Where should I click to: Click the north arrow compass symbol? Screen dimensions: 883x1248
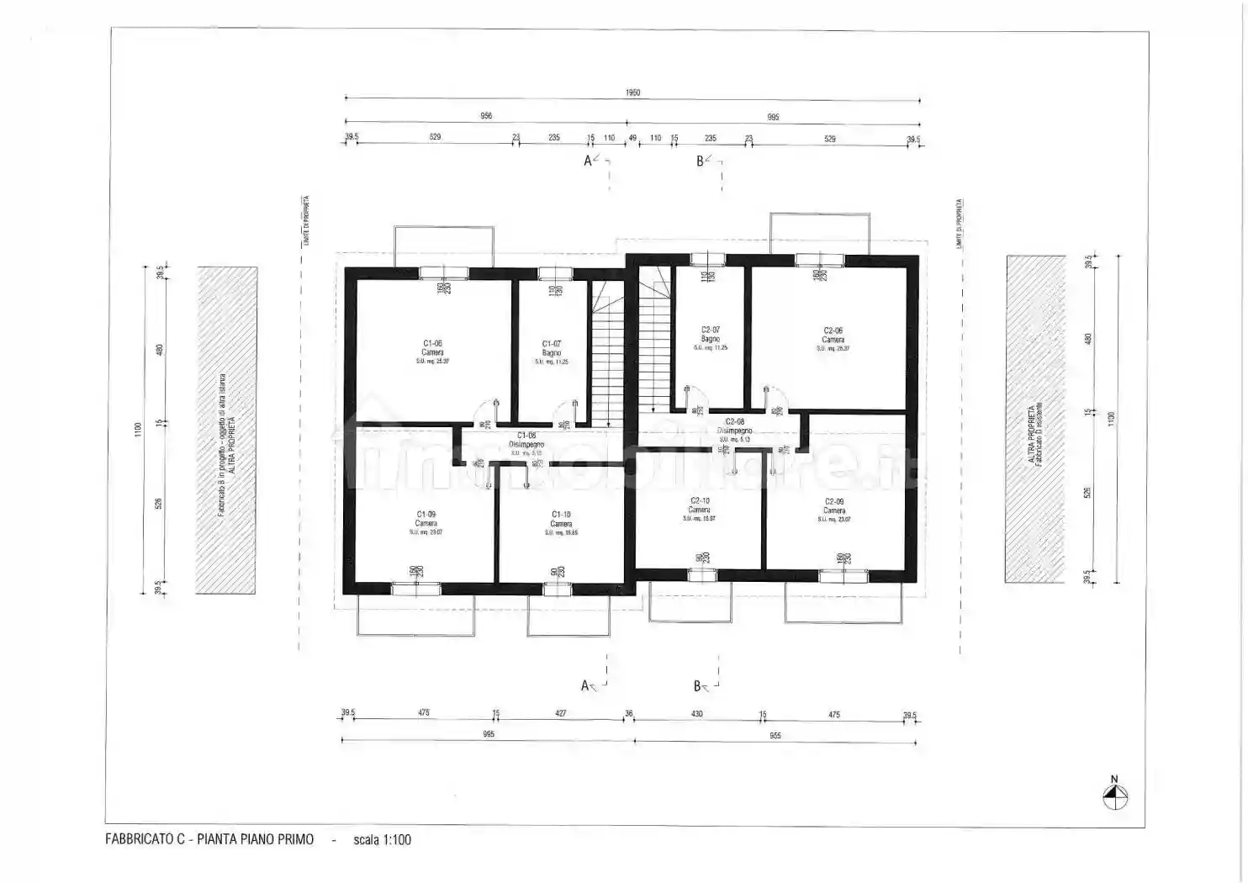[x=1114, y=796]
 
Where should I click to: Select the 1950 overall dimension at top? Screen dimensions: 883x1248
[x=632, y=93]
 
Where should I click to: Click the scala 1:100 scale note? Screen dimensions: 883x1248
[x=382, y=839]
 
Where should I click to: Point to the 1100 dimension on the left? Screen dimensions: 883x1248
[x=138, y=429]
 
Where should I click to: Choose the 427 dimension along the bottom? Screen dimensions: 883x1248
[x=560, y=713]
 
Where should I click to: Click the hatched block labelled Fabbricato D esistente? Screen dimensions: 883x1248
[x=1036, y=419]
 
